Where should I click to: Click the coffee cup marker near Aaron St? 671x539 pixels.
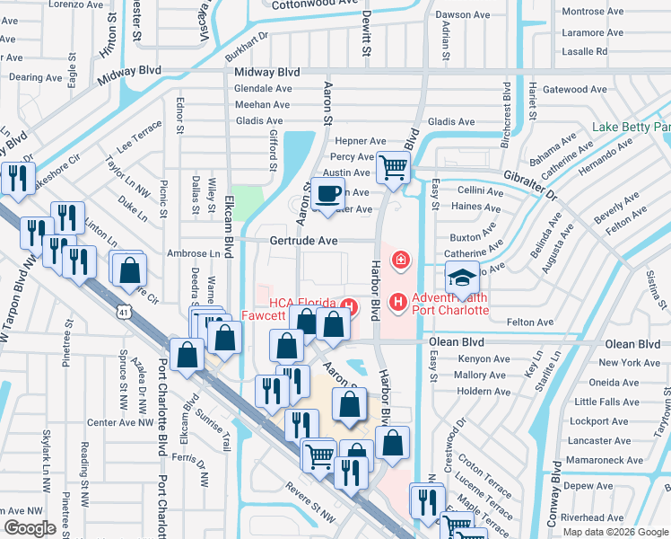pos(329,192)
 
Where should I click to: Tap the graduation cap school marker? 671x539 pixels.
pos(462,278)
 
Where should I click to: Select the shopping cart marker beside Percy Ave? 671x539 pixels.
pos(393,166)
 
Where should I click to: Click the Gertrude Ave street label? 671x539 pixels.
pos(303,241)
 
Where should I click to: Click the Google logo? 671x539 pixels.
pos(30,528)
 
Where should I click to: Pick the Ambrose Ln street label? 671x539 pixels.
pos(193,254)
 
